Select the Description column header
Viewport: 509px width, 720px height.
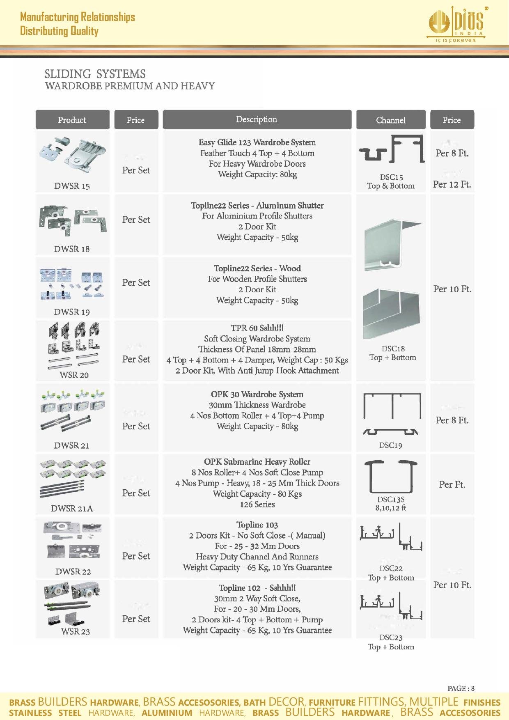click(x=257, y=119)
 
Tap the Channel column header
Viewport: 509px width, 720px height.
click(x=390, y=120)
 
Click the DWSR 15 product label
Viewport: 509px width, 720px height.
click(x=72, y=186)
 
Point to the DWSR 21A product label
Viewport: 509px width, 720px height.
click(x=72, y=509)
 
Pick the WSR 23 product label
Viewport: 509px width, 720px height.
click(x=76, y=631)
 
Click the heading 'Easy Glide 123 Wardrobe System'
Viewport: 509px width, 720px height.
click(x=257, y=142)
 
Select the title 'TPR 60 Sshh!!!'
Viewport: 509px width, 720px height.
click(x=257, y=328)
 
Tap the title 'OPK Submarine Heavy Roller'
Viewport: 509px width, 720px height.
click(x=257, y=462)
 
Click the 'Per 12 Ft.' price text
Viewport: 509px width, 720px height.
click(x=452, y=184)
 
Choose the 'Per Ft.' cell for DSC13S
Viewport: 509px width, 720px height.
click(x=452, y=484)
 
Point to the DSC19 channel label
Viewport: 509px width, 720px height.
click(x=390, y=445)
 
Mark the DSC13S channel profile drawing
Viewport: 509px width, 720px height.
click(x=391, y=476)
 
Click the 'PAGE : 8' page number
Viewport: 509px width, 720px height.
click(x=461, y=688)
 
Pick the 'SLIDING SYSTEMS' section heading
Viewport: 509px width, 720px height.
click(x=95, y=74)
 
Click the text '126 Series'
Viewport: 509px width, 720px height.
click(x=257, y=504)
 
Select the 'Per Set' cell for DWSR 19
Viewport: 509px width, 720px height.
click(x=136, y=282)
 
